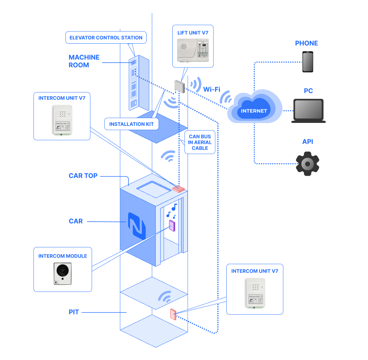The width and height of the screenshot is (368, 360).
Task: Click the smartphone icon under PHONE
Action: pos(308,62)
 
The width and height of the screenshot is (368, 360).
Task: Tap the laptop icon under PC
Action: pos(308,111)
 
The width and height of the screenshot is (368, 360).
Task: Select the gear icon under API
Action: pos(307,164)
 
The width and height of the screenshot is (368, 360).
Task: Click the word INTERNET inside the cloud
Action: pos(254,111)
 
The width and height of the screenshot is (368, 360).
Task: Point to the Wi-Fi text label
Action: pos(212,89)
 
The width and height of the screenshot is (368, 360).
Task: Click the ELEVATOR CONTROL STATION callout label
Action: pos(106,38)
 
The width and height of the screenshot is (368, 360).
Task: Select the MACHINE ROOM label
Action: pos(84,61)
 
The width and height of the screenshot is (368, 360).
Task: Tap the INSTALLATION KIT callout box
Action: pos(131,124)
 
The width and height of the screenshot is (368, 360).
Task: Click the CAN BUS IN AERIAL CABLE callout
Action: pos(200,142)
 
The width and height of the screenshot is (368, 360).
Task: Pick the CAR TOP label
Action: pos(83,176)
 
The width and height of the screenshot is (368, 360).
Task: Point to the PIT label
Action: pos(74,312)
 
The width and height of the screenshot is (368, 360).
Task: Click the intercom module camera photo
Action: pos(62,274)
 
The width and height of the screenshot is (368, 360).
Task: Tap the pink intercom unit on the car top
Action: pos(178,189)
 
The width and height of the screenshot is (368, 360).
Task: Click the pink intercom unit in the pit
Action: pos(173,314)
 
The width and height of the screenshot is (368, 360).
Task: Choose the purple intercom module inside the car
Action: pos(172,226)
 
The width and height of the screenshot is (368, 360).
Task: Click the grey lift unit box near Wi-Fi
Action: pos(179,86)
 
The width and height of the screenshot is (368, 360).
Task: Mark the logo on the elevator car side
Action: pos(137,226)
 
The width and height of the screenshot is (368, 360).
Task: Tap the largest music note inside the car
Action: pos(174,207)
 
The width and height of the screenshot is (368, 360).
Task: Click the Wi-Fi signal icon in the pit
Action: pos(165,297)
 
